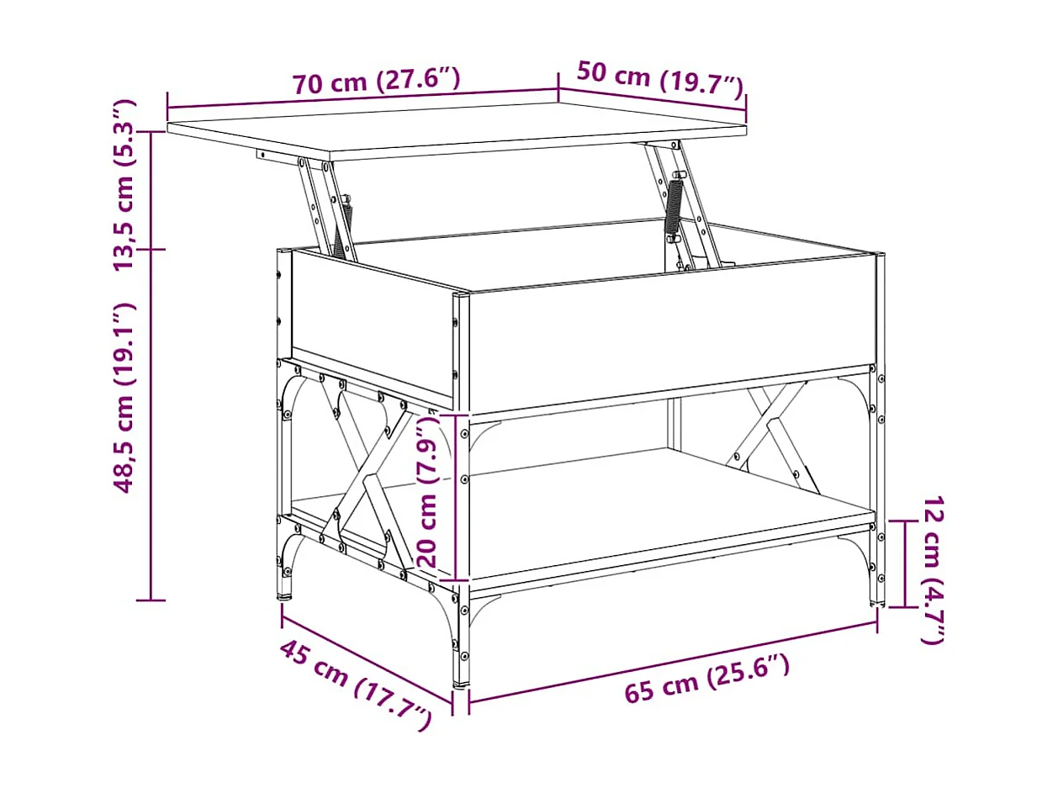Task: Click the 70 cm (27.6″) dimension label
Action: pyautogui.click(x=376, y=82)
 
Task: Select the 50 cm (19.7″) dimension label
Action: pyautogui.click(x=660, y=78)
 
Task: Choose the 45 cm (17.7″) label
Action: pyautogui.click(x=355, y=685)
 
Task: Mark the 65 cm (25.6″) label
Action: pyautogui.click(x=707, y=679)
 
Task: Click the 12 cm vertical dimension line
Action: pyautogui.click(x=904, y=563)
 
